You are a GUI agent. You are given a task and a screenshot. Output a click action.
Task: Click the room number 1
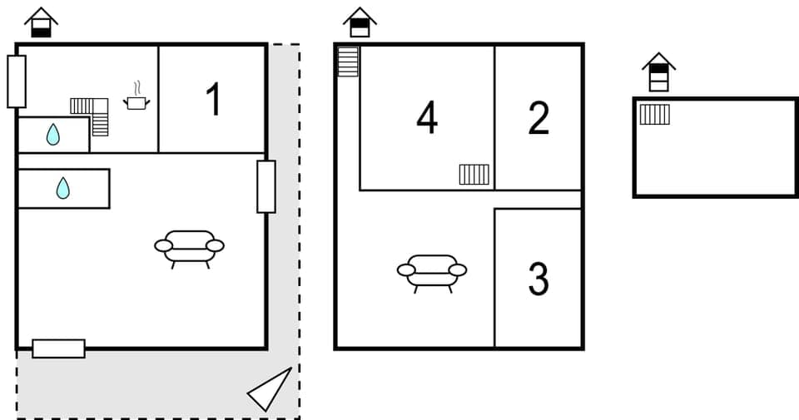click(x=213, y=100)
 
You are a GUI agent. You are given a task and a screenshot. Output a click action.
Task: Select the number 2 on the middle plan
click(x=538, y=118)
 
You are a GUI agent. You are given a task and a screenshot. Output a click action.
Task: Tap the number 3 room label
click(x=538, y=279)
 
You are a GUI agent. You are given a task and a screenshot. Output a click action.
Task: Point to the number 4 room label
click(x=427, y=118)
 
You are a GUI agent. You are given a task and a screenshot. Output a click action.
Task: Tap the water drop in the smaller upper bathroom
click(x=52, y=134)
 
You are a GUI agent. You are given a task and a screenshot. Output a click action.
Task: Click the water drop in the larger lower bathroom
click(x=63, y=188)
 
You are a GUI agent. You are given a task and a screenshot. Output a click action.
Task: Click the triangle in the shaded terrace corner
click(x=272, y=389)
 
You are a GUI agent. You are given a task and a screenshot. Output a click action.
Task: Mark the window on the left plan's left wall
click(x=17, y=81)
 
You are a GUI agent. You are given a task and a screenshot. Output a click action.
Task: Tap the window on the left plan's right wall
click(x=266, y=186)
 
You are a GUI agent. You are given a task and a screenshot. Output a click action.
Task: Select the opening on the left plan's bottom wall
click(x=58, y=348)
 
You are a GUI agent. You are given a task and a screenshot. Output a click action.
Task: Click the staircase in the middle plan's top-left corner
click(x=348, y=62)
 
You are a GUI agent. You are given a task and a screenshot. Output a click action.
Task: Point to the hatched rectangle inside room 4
click(x=474, y=174)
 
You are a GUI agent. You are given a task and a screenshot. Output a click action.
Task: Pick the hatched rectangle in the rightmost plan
click(x=654, y=114)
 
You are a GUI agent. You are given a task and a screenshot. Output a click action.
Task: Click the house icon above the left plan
click(x=41, y=22)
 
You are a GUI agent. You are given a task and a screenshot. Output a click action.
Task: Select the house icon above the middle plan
click(x=360, y=22)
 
